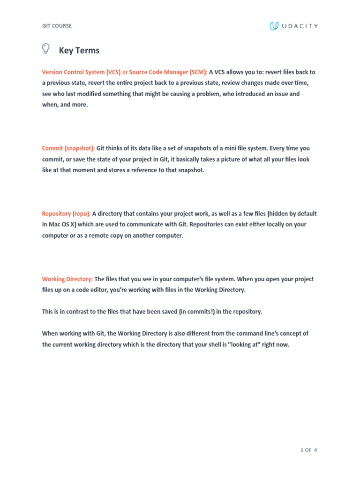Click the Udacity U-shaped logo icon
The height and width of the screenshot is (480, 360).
[x=274, y=26]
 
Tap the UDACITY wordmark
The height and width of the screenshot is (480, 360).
[x=300, y=26]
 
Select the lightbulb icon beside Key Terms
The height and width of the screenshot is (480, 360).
[x=46, y=49]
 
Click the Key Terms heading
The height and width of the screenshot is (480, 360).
[x=79, y=51]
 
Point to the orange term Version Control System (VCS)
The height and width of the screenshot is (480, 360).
[x=81, y=72]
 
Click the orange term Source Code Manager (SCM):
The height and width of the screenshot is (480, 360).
[x=168, y=72]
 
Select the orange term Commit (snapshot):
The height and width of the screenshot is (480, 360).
[x=68, y=148]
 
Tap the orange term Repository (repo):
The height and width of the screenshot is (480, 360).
[x=67, y=213]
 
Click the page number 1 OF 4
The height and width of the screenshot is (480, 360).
[x=309, y=450]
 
